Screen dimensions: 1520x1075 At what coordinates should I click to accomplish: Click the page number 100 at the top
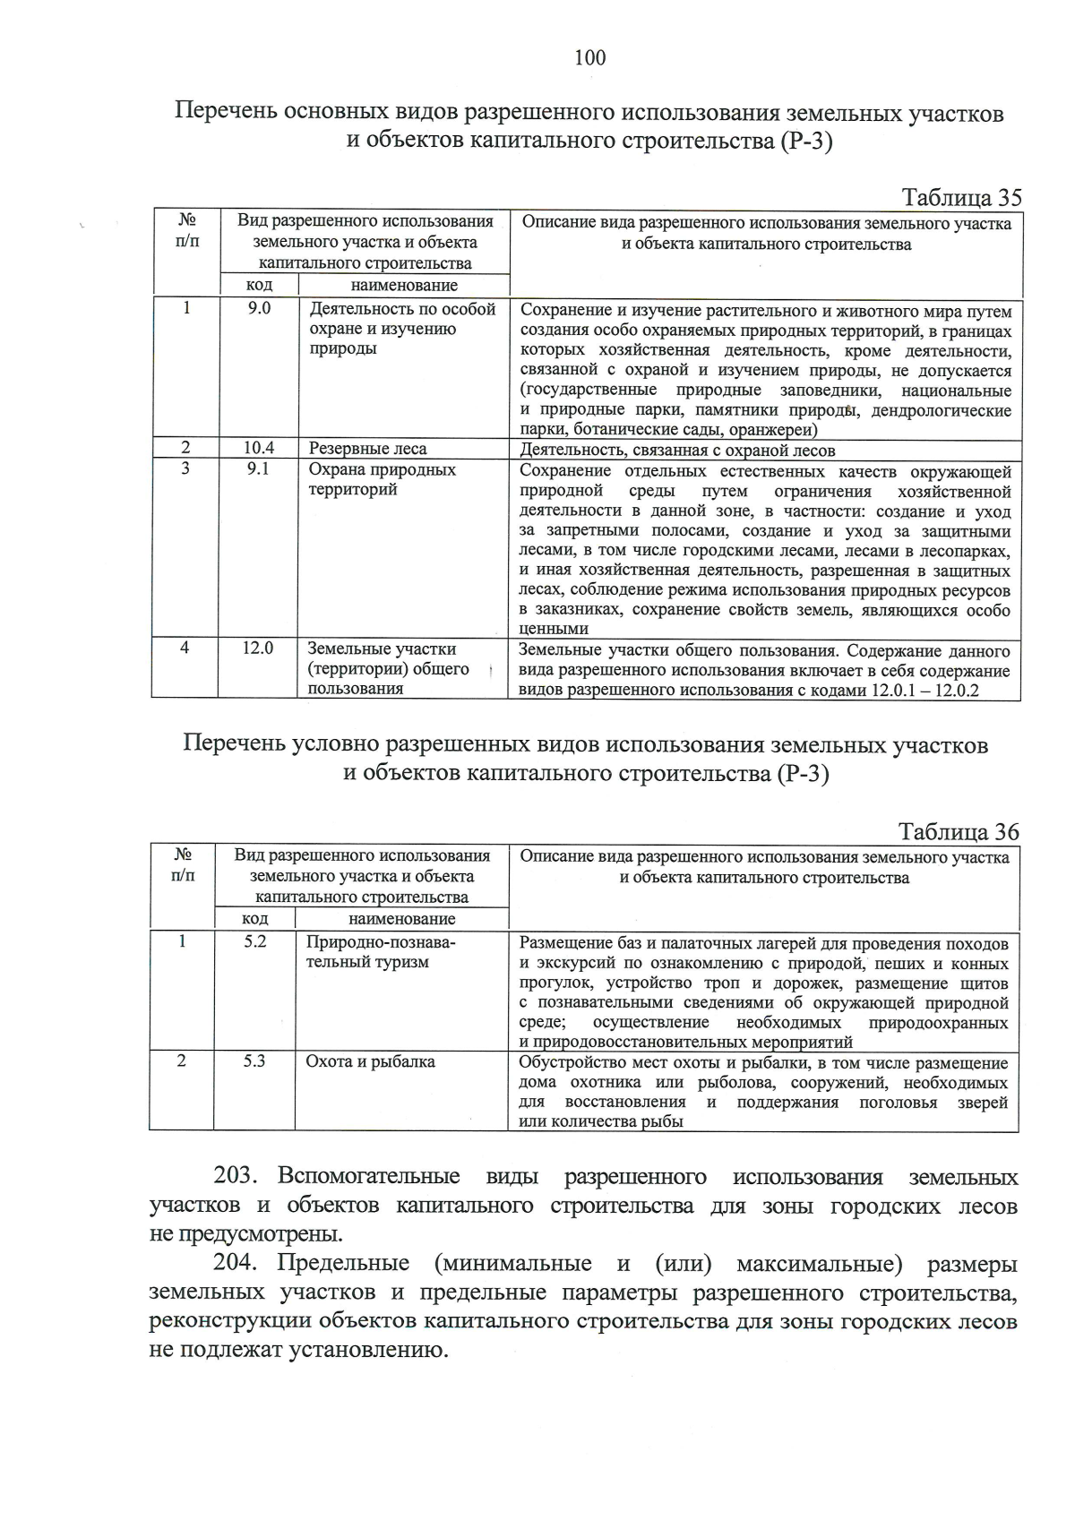(590, 58)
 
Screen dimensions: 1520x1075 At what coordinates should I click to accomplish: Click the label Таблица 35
(960, 197)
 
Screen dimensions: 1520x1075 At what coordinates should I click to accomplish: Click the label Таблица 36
(959, 831)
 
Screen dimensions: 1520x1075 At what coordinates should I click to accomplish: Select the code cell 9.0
(259, 309)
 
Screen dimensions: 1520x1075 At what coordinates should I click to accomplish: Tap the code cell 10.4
(259, 449)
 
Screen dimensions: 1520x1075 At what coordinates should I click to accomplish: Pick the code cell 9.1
(259, 468)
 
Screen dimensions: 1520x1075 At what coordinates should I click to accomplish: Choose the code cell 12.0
(257, 648)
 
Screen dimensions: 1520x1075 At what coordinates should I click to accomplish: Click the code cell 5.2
(255, 941)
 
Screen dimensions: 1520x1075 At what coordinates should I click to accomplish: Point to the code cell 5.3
(255, 1061)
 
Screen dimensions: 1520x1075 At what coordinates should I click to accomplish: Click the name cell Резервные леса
(367, 449)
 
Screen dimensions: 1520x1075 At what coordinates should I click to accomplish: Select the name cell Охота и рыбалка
(370, 1061)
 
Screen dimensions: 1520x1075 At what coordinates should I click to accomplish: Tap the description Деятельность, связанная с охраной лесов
(677, 451)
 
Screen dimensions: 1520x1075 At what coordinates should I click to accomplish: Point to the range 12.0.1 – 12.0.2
(925, 691)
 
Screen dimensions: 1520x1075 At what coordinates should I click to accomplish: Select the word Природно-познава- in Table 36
(381, 942)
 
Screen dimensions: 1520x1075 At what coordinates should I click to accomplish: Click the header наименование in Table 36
(401, 919)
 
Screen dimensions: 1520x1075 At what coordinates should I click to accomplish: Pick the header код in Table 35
(259, 285)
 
